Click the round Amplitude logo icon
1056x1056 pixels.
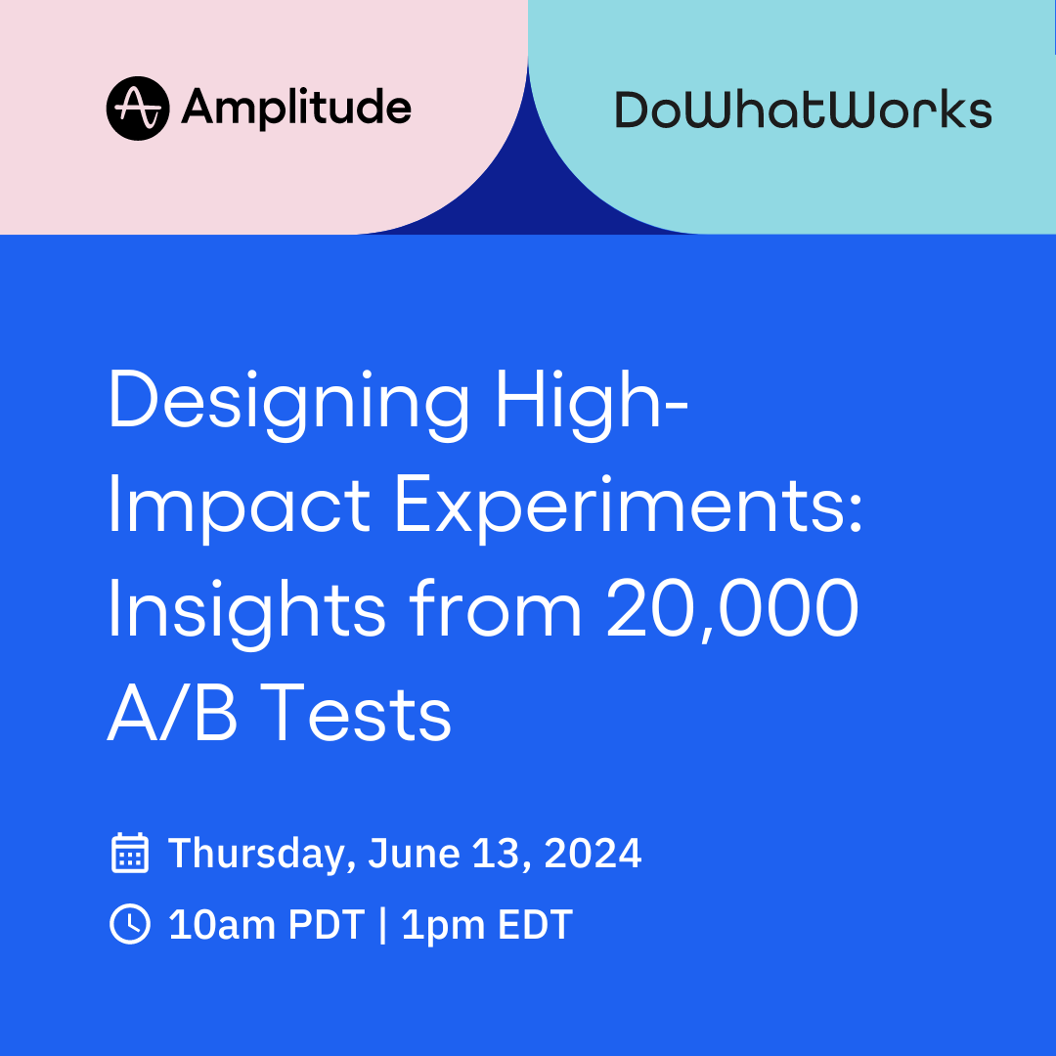(138, 108)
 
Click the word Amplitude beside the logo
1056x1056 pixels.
(296, 110)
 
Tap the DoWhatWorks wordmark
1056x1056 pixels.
(803, 110)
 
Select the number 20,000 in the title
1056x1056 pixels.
(732, 611)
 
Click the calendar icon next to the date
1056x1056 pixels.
(130, 853)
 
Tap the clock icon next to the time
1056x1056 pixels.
(130, 924)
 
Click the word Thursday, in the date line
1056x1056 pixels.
(261, 855)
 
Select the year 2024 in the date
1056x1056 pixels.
(593, 853)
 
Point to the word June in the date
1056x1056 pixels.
(415, 853)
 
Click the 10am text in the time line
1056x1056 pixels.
(222, 924)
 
